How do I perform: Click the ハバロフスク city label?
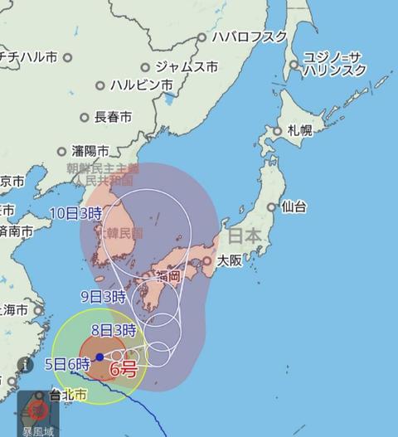click(249, 37)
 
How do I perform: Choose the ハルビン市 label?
click(143, 85)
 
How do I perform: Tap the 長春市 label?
click(113, 118)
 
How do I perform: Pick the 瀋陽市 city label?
click(90, 152)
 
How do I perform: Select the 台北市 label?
click(68, 396)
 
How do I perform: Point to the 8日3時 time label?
click(113, 329)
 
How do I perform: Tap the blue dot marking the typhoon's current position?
click(99, 357)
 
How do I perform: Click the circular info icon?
click(27, 364)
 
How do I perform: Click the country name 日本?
click(245, 237)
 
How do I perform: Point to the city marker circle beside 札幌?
click(279, 131)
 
